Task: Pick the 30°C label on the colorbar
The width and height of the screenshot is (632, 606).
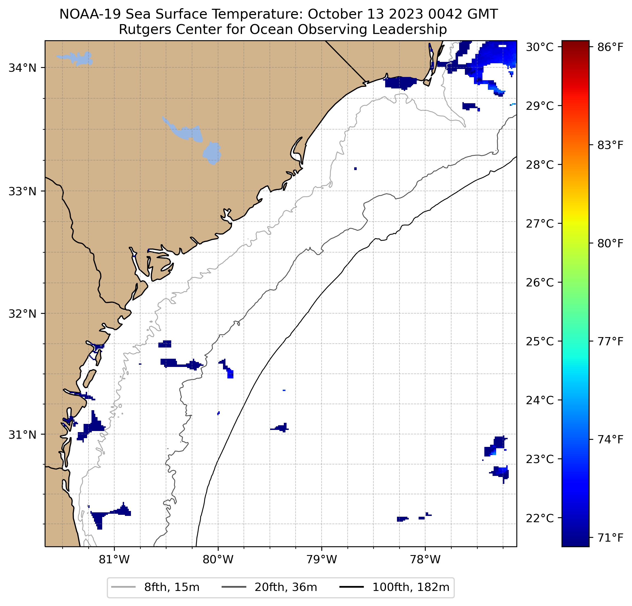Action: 539,47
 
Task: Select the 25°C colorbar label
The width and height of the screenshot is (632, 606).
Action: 539,341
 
